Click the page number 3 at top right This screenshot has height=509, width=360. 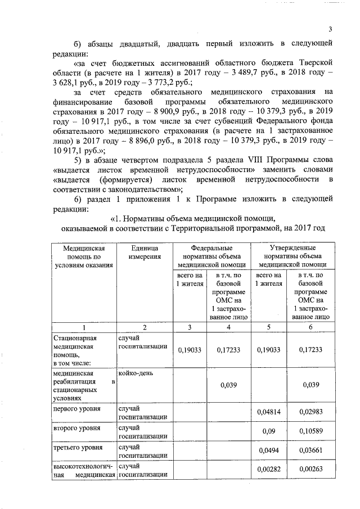pyautogui.click(x=330, y=29)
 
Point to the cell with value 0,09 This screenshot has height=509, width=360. pyautogui.click(x=268, y=431)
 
